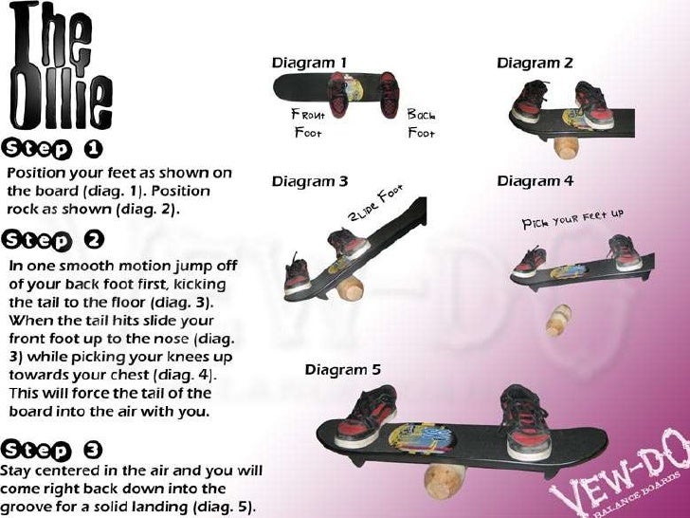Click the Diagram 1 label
(x=309, y=64)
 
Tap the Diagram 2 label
(x=535, y=64)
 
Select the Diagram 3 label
(x=310, y=181)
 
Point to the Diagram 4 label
(x=536, y=181)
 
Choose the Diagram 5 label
(x=342, y=369)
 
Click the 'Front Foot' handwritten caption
(x=308, y=123)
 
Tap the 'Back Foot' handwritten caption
(x=421, y=123)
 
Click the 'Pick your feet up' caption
(x=572, y=219)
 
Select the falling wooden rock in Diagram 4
(x=560, y=320)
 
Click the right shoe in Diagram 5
(x=527, y=421)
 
